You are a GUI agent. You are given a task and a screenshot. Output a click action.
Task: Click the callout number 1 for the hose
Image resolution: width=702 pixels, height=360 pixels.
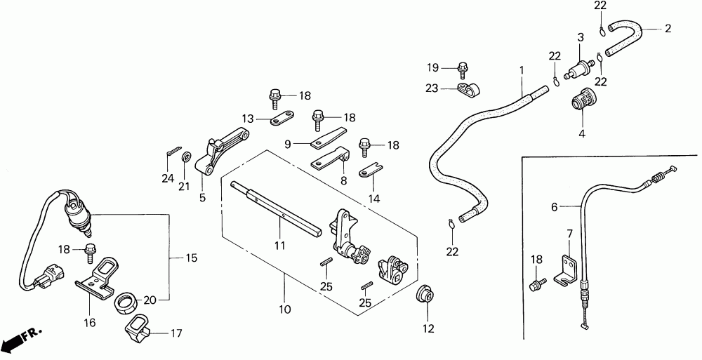[x=522, y=70]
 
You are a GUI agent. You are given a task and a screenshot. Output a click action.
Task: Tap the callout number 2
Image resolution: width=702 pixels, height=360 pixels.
[x=668, y=29]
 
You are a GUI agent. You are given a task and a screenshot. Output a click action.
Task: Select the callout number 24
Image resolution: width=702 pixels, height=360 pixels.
[x=167, y=178]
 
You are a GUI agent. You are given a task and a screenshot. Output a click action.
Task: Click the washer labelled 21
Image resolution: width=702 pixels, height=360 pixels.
[x=187, y=156]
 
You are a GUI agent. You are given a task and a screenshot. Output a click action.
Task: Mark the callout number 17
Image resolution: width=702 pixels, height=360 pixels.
[x=176, y=334]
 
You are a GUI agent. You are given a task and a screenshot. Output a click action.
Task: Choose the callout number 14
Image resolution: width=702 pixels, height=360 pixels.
[x=375, y=199]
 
